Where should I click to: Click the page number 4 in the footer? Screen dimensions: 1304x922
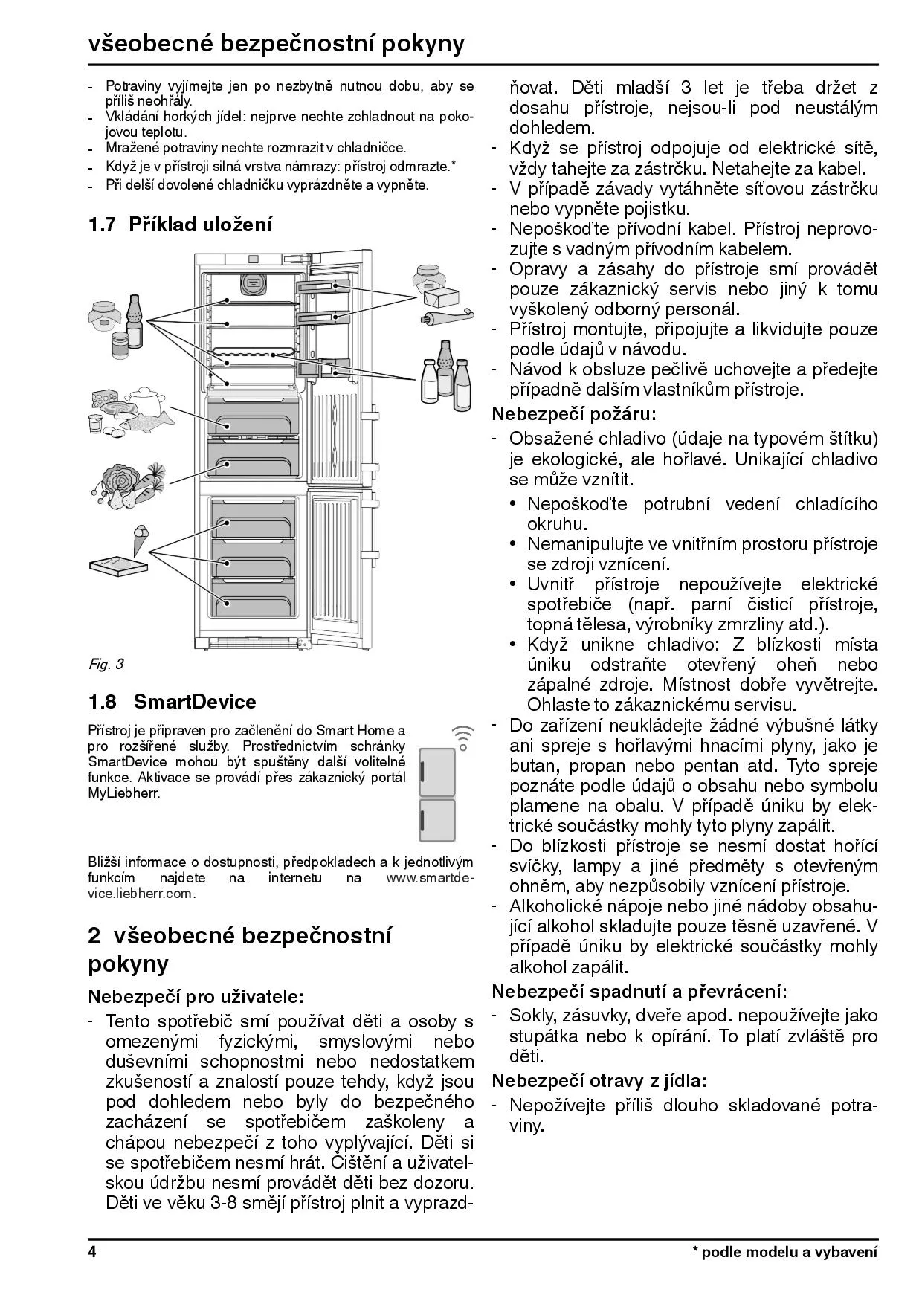pyautogui.click(x=93, y=1252)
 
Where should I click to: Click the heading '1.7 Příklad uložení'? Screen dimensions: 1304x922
pyautogui.click(x=180, y=224)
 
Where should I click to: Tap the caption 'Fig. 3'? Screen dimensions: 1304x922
pyautogui.click(x=106, y=664)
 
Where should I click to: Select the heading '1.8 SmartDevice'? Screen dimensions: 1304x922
pyautogui.click(x=172, y=702)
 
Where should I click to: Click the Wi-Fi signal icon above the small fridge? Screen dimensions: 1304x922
pyautogui.click(x=462, y=736)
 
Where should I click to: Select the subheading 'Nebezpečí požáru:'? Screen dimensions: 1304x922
pyautogui.click(x=574, y=414)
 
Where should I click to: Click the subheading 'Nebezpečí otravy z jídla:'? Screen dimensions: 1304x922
pyautogui.click(x=599, y=1080)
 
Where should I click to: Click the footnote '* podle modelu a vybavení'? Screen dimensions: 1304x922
pyautogui.click(x=785, y=1252)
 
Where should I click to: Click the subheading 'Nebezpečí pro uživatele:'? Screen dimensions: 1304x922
pyautogui.click(x=196, y=995)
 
